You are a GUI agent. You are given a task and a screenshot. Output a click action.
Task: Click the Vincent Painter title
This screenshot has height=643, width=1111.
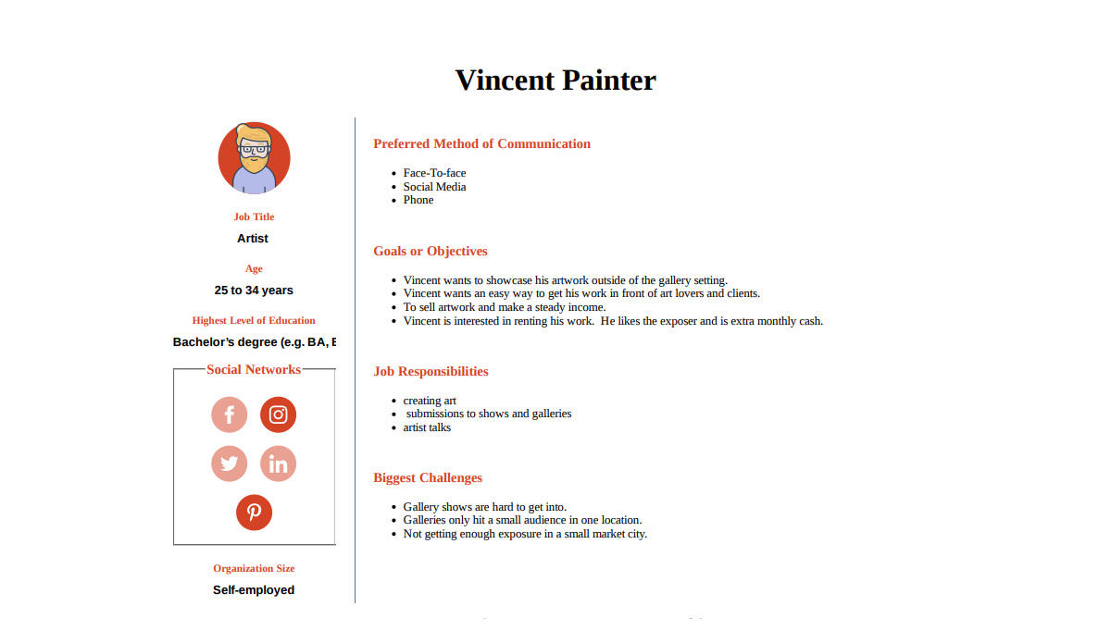555,80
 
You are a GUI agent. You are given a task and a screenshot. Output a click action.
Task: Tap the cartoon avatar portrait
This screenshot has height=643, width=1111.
254,158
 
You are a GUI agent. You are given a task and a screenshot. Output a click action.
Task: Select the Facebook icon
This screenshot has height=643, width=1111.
230,414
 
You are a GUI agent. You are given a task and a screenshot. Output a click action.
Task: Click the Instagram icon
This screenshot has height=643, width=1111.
278,414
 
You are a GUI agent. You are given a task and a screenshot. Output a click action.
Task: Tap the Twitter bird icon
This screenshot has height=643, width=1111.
230,464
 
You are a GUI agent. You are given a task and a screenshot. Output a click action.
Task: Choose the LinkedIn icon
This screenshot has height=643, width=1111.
278,464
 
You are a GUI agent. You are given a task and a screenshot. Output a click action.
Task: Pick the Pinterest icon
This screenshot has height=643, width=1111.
254,512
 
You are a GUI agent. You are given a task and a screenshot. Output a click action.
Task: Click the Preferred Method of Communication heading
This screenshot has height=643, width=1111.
481,143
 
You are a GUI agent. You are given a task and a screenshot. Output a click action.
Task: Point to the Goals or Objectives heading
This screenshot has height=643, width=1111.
431,251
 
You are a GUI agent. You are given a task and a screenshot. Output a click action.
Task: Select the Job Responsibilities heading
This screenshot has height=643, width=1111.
431,371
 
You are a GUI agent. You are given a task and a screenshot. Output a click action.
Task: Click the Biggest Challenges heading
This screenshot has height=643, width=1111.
428,477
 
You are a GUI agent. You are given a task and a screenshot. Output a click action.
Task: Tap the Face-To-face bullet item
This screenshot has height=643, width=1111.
434,173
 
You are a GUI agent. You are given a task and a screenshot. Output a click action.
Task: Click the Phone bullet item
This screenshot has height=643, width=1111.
418,200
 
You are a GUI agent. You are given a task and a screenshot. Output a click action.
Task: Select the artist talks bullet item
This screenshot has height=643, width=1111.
427,427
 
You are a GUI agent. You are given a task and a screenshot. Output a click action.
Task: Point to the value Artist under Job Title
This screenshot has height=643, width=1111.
253,239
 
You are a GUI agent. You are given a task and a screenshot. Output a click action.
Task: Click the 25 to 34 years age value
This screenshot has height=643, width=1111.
254,291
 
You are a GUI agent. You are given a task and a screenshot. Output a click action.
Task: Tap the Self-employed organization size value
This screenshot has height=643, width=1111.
254,590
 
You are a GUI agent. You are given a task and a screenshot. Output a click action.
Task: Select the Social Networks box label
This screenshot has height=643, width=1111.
254,369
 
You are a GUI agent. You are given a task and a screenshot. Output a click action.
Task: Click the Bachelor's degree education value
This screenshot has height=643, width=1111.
254,342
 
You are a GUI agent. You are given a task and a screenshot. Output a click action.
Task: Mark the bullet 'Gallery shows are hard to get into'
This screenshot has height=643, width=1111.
484,507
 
